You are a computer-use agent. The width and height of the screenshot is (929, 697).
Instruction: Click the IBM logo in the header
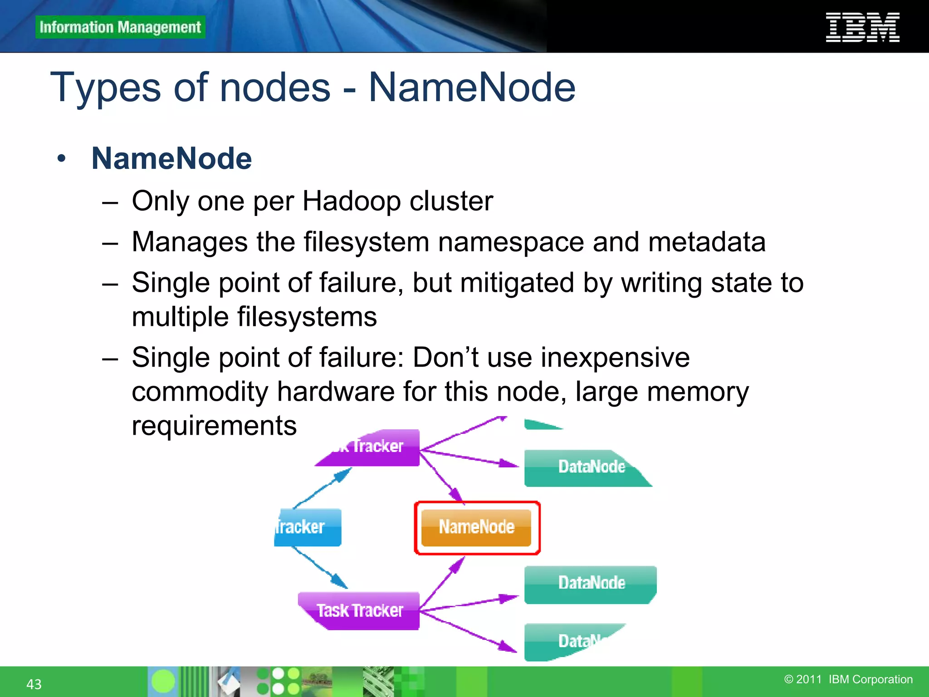click(862, 27)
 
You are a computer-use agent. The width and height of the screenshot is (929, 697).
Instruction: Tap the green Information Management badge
click(120, 27)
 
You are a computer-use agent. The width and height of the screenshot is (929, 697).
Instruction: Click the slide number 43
click(34, 684)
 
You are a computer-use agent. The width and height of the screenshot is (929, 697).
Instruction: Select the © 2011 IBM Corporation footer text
click(848, 679)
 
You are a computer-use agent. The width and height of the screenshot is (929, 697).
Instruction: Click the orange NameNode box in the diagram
click(476, 527)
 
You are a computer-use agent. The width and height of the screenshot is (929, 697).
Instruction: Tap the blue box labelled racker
click(308, 527)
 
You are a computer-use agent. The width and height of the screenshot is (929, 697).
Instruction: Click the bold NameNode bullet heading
click(171, 158)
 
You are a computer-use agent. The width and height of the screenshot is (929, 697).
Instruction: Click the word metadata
click(707, 241)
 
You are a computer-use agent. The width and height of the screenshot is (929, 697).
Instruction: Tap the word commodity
click(200, 391)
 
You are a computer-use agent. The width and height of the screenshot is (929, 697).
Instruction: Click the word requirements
click(214, 426)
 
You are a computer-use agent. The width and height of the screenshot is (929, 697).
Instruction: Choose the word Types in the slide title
click(105, 88)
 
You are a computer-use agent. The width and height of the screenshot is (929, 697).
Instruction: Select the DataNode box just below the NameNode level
click(591, 584)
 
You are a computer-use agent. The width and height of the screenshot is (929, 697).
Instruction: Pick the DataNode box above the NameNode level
click(587, 467)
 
